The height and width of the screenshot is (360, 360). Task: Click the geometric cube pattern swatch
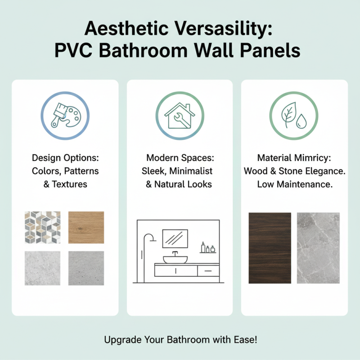pyautogui.click(x=42, y=227)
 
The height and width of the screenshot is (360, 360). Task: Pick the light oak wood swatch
pyautogui.click(x=86, y=227)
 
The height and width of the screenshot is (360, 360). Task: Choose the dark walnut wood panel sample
pyautogui.click(x=270, y=248)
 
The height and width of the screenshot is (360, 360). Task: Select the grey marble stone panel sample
pyautogui.click(x=319, y=248)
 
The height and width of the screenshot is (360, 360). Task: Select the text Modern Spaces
pyautogui.click(x=180, y=158)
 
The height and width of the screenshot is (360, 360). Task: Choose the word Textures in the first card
pyautogui.click(x=70, y=184)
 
